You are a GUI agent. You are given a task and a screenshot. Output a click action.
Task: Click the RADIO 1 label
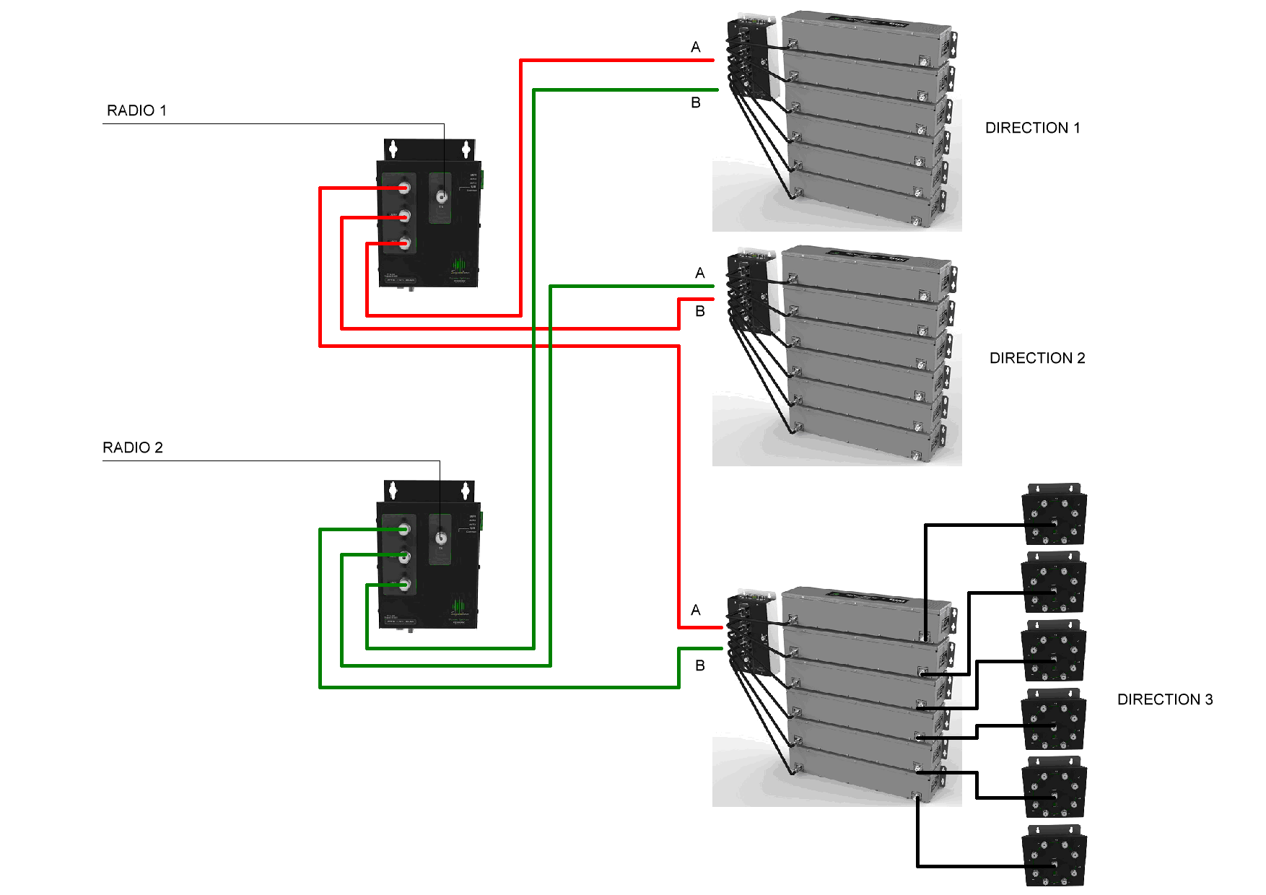pos(136,110)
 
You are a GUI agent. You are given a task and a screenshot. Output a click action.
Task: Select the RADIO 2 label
pos(133,447)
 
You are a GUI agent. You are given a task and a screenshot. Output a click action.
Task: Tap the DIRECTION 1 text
pos(1032,128)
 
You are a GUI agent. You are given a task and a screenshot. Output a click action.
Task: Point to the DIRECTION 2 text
pos(1036,358)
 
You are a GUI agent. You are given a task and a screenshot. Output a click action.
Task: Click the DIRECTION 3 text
pos(1164,699)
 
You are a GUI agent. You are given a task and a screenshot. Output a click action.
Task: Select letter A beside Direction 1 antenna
pos(695,48)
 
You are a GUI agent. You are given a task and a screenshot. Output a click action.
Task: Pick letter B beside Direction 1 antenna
pos(695,102)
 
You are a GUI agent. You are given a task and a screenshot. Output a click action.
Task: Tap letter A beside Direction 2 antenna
pos(699,274)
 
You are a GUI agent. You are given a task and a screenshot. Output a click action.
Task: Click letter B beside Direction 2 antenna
pos(699,312)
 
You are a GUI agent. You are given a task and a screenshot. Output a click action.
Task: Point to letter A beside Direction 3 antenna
pos(695,611)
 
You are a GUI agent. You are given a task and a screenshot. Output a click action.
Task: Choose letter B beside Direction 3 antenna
pos(699,665)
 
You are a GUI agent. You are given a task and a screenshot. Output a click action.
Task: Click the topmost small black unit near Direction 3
pos(1054,513)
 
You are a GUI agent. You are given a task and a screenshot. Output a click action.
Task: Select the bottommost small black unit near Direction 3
pos(1054,856)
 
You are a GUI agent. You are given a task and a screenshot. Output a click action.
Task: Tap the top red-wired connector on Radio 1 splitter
pos(404,188)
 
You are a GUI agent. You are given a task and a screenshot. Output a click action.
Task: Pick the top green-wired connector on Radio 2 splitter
pos(404,530)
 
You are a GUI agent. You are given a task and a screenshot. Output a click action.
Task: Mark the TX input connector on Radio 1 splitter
pos(440,196)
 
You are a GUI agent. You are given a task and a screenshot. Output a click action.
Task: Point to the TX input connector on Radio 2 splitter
pos(440,538)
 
